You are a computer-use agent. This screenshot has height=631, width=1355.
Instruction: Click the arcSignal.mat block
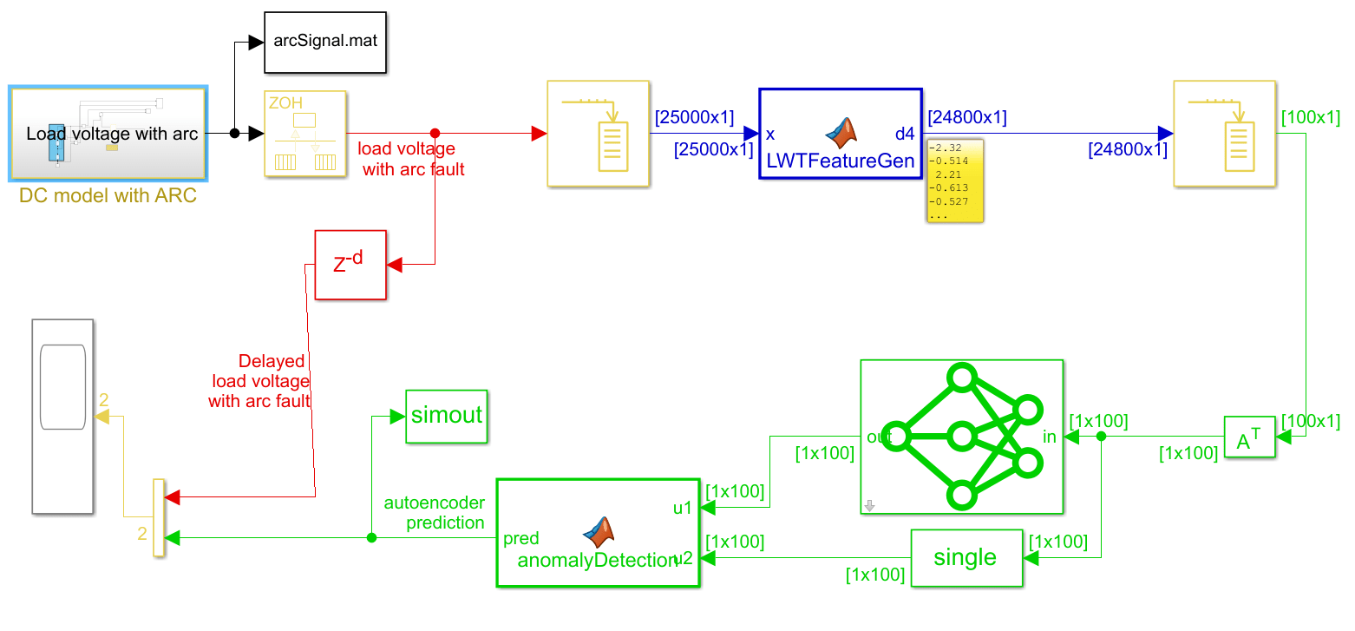pyautogui.click(x=325, y=42)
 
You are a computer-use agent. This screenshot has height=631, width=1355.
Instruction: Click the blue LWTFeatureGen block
pyautogui.click(x=840, y=133)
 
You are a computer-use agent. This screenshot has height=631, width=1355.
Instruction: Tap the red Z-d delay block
pyautogui.click(x=350, y=265)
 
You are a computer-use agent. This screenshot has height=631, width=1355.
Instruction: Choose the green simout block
pyautogui.click(x=446, y=416)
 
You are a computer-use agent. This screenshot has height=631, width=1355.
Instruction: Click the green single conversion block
pyautogui.click(x=966, y=558)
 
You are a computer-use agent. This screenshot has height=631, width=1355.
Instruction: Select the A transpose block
pyautogui.click(x=1249, y=437)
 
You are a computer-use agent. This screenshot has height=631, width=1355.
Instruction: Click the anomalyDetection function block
pyautogui.click(x=598, y=533)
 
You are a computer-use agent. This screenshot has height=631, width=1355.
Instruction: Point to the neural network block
pyautogui.click(x=961, y=437)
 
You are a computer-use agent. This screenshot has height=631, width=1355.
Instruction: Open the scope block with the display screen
pyautogui.click(x=62, y=416)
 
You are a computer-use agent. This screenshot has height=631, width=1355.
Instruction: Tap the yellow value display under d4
pyautogui.click(x=954, y=181)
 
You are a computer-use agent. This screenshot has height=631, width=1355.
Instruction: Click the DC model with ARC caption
pyautogui.click(x=108, y=196)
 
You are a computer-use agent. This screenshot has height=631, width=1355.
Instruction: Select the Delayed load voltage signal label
pyautogui.click(x=260, y=381)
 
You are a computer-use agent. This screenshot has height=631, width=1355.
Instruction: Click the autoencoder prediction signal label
pyautogui.click(x=435, y=513)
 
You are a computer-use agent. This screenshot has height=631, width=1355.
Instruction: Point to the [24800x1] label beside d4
pyautogui.click(x=966, y=117)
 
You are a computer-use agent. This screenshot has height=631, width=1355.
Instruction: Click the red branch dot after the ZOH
pyautogui.click(x=435, y=134)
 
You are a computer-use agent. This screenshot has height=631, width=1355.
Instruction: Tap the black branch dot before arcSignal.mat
pyautogui.click(x=234, y=134)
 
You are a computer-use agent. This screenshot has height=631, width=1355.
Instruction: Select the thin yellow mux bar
pyautogui.click(x=158, y=517)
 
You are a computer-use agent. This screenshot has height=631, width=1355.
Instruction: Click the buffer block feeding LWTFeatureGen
pyautogui.click(x=599, y=133)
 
